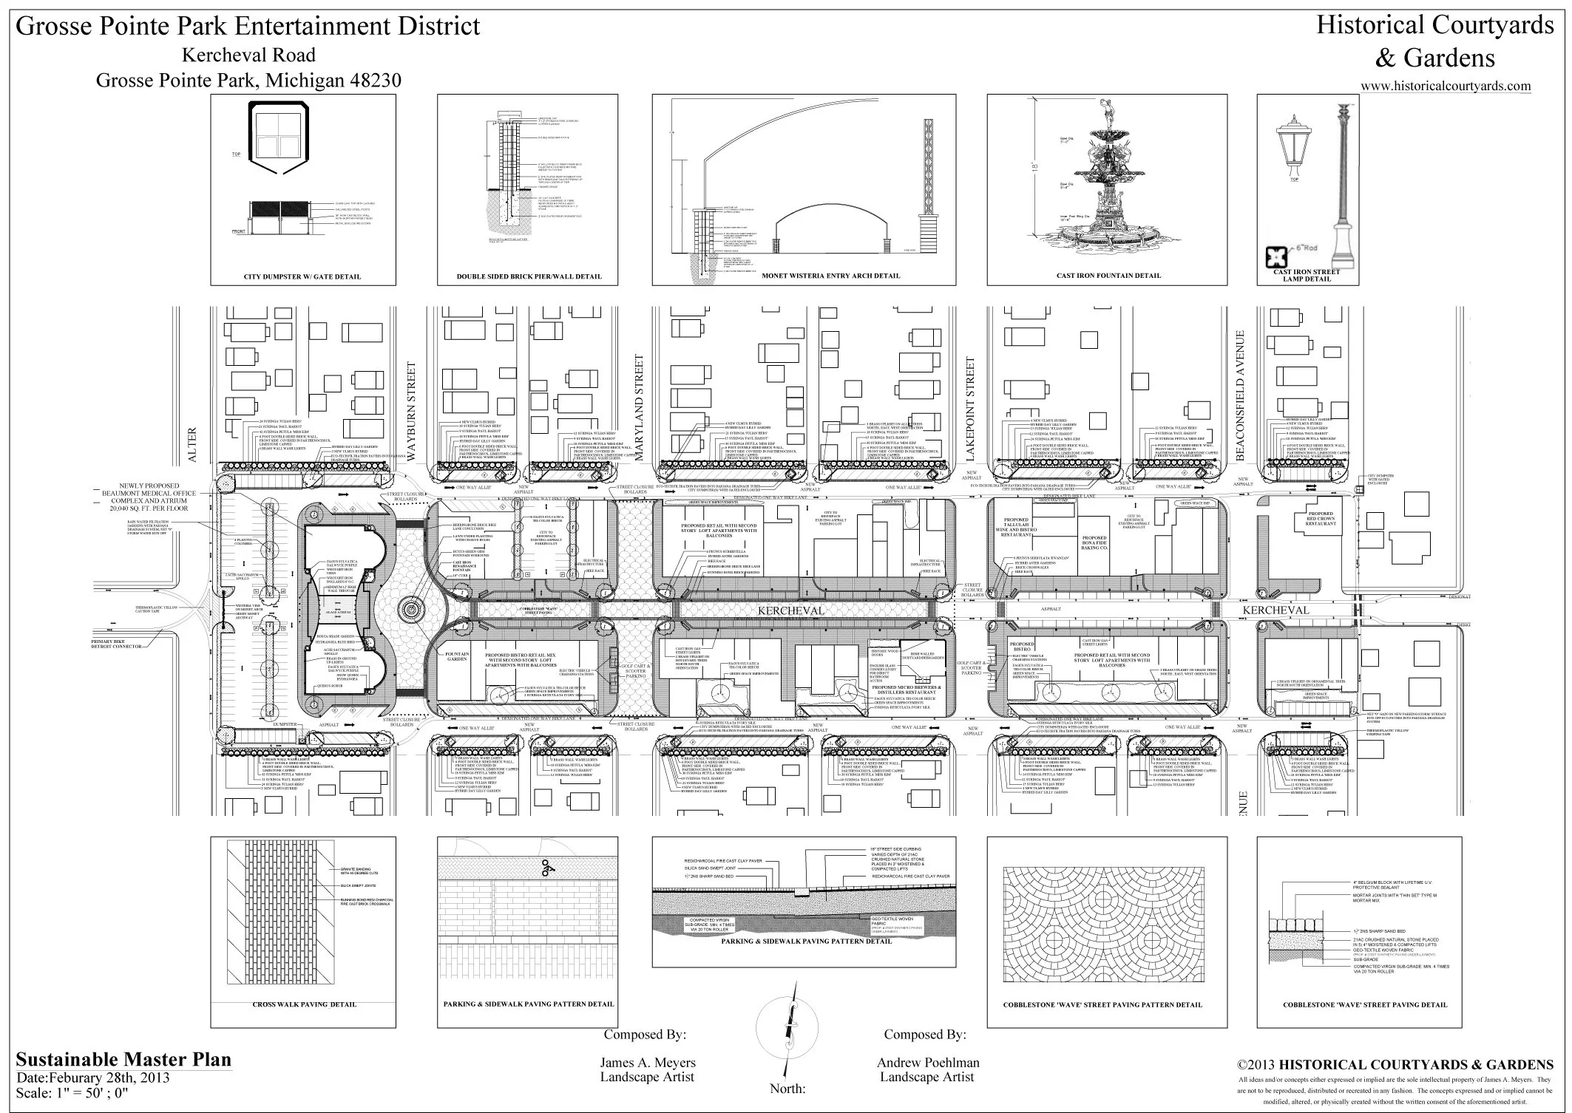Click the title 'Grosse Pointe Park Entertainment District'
[248, 27]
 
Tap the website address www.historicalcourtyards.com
[1446, 86]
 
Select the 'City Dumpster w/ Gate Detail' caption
[302, 277]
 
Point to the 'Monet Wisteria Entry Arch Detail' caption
[831, 276]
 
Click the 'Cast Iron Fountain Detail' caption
[1108, 276]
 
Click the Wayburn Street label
[413, 410]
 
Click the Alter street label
[193, 446]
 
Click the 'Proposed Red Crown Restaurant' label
[1320, 519]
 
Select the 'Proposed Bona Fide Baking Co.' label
[1094, 543]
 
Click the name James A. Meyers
[647, 1063]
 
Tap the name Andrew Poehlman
[928, 1063]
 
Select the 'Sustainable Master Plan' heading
[123, 1059]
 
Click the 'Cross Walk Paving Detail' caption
[304, 1004]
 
